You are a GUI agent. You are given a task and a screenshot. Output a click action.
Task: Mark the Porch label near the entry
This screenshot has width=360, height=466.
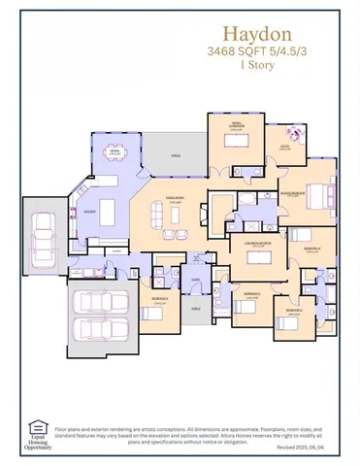[x=195, y=309]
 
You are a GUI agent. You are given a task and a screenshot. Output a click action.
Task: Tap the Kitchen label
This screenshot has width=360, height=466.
[x=88, y=210]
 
